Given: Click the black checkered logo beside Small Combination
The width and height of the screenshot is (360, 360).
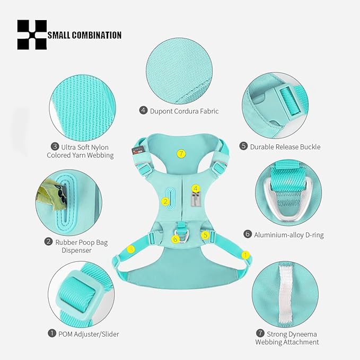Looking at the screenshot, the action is click(32, 34).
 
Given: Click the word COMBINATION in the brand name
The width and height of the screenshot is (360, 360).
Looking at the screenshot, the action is click(96, 36).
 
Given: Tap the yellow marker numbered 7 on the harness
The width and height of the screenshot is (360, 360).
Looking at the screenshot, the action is click(181, 153).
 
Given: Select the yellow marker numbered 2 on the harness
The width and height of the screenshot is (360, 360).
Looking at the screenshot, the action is click(165, 202).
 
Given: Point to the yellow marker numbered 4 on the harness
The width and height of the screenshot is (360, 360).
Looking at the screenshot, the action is click(196, 189).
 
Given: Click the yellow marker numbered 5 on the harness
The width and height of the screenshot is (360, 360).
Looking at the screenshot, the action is click(205, 235).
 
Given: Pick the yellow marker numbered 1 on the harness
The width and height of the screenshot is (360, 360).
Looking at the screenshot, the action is click(245, 255).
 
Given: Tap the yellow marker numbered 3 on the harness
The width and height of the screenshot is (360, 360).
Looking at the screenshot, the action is click(131, 249).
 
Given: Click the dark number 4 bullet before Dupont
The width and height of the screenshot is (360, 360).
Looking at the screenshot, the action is click(143, 110).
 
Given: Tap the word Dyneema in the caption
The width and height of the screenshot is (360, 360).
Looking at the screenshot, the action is click(303, 334).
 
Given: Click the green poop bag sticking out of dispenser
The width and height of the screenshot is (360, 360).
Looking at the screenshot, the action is click(50, 195).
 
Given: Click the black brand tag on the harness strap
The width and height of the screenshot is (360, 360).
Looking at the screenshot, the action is click(137, 150).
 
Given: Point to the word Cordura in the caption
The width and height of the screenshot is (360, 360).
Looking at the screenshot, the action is click(186, 111).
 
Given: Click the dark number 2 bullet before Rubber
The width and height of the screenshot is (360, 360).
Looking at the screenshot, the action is click(48, 242).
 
